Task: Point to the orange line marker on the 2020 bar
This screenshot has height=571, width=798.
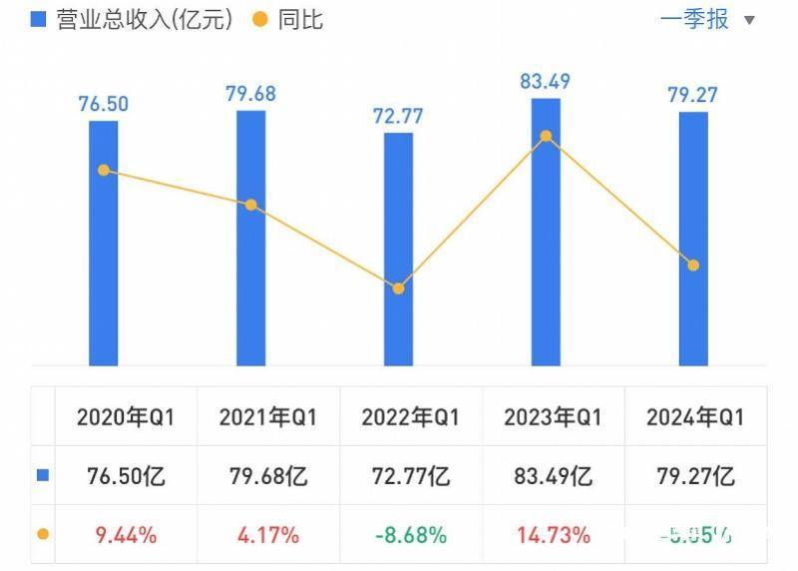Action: (103, 170)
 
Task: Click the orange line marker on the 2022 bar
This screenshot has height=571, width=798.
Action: (398, 288)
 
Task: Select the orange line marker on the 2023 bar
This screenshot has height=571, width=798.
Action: (546, 136)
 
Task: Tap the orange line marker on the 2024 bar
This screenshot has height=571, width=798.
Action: (693, 265)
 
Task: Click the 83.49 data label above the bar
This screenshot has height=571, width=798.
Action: (546, 81)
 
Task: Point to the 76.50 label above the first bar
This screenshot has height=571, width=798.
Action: (103, 103)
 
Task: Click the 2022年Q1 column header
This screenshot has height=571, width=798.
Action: (410, 418)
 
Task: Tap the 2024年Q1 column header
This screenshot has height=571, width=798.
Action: (695, 418)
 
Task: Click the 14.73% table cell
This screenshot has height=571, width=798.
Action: (553, 535)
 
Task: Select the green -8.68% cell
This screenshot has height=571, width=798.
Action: (410, 535)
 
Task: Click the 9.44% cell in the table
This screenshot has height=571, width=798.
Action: (125, 535)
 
